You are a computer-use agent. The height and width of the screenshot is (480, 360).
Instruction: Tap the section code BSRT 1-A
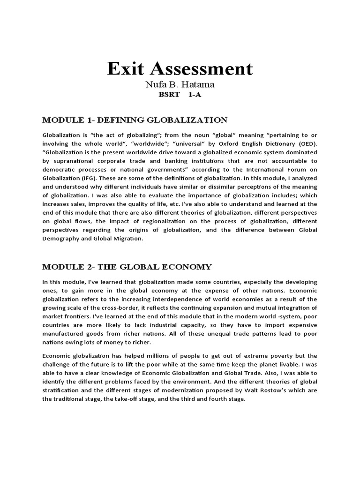[180, 95]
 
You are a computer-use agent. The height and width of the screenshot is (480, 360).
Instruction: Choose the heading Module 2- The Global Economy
[127, 267]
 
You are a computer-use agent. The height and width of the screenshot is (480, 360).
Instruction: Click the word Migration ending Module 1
[139, 238]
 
